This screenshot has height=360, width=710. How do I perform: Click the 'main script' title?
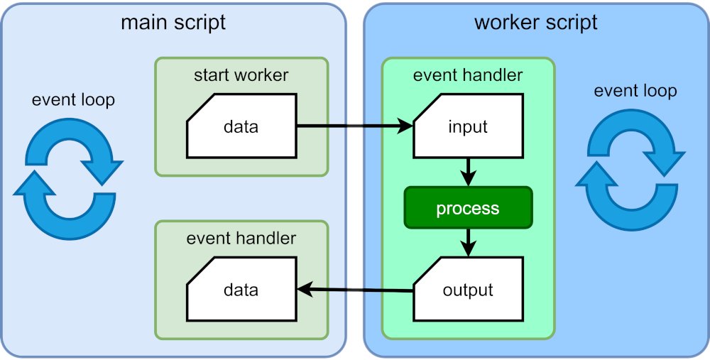[x=173, y=22]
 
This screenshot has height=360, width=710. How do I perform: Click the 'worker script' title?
[x=536, y=22]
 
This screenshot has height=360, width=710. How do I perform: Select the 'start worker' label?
[x=241, y=75]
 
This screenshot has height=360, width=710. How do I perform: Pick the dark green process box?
[x=468, y=208]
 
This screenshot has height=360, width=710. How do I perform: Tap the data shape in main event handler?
[x=241, y=289]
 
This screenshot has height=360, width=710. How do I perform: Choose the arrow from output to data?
[x=355, y=290]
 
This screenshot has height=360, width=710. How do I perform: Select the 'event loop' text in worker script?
[x=635, y=91]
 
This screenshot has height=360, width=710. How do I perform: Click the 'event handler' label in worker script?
[x=468, y=75]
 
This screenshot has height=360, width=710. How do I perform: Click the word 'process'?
[x=468, y=209]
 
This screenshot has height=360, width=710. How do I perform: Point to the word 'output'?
[x=468, y=290]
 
